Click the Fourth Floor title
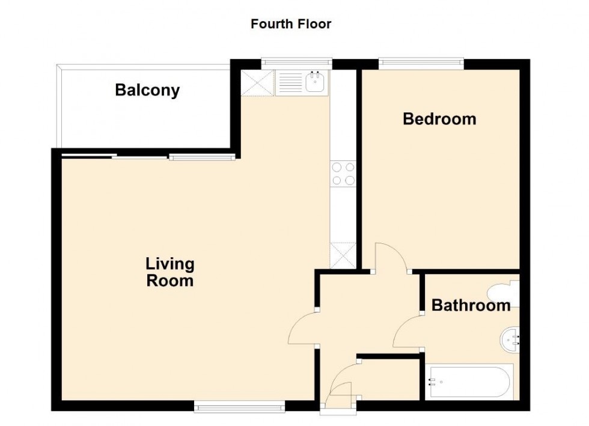click(x=291, y=24)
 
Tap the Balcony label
click(x=147, y=91)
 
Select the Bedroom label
click(x=439, y=119)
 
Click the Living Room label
click(x=170, y=272)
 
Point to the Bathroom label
click(x=471, y=305)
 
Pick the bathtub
click(x=469, y=382)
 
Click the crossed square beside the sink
click(x=257, y=82)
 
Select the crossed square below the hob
click(x=344, y=255)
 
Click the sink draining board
click(x=290, y=82)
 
